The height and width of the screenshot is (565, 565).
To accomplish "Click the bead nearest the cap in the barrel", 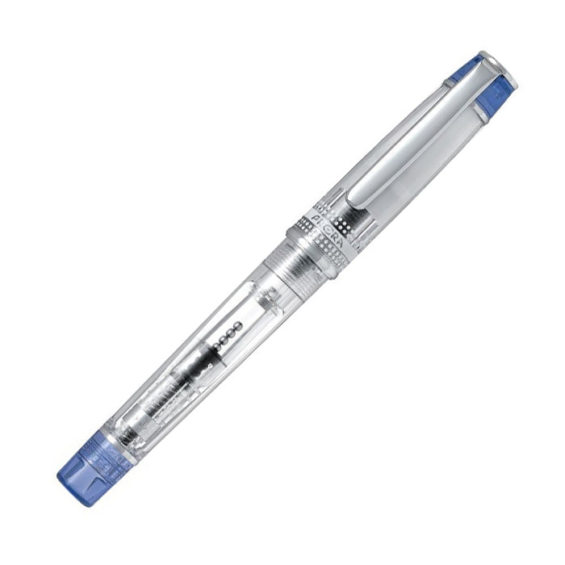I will (239, 324).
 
